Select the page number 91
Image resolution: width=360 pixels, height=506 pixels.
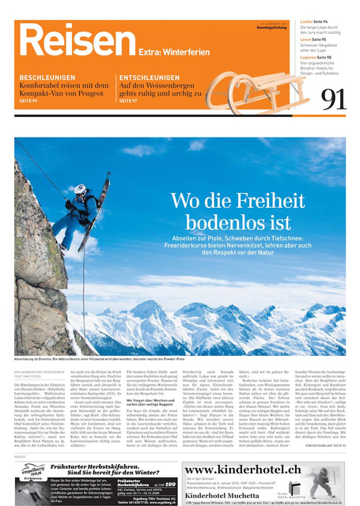[333, 99]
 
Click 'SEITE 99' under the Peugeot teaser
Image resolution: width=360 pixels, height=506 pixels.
[28, 101]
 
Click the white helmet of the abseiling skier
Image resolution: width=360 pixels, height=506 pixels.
[80, 191]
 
